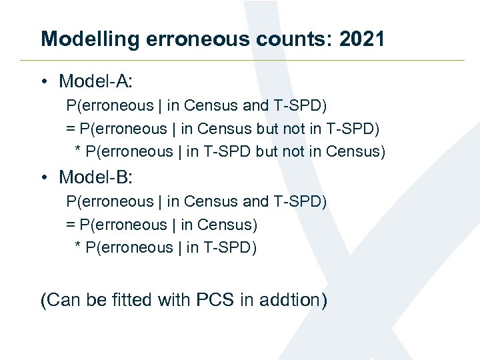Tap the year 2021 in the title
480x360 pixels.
point(362,39)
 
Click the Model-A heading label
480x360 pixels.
point(96,81)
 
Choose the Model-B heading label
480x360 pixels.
point(96,177)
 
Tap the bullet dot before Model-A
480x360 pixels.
point(44,82)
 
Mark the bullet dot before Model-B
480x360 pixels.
point(44,178)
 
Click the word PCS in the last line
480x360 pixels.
point(215,300)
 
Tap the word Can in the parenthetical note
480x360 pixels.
point(64,300)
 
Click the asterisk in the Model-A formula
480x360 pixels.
point(79,151)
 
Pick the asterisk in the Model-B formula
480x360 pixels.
point(79,247)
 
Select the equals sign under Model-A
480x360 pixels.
point(71,129)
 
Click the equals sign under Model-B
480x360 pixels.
point(71,225)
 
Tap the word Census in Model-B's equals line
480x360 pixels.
point(227,225)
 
